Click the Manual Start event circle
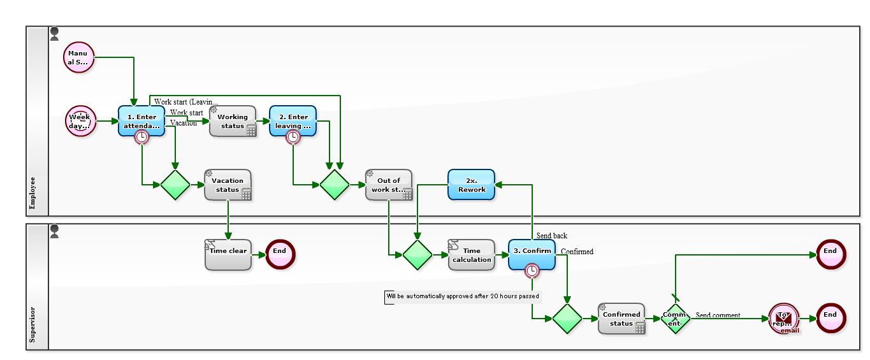[78, 58]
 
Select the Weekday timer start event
[80, 121]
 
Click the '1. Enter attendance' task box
[141, 121]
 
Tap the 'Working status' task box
[232, 121]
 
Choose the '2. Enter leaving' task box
[293, 121]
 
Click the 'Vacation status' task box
[228, 185]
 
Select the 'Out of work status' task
[388, 185]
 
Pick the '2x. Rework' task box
[471, 185]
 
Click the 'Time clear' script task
[228, 254]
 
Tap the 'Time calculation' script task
[471, 255]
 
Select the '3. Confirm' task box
[532, 254]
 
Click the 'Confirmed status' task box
[621, 319]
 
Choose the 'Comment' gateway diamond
[675, 319]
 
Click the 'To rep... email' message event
[783, 319]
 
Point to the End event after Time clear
[280, 254]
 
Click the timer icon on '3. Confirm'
[532, 271]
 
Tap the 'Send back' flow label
[551, 236]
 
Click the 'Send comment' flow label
[718, 315]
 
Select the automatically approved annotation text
[463, 296]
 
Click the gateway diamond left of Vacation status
[175, 185]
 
